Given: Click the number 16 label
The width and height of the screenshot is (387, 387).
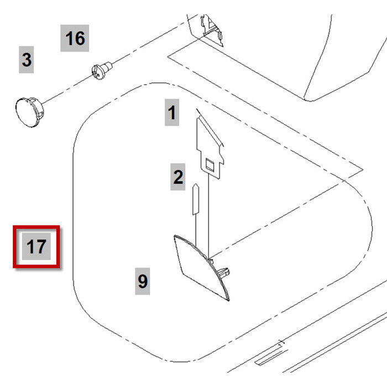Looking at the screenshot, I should coord(75,38).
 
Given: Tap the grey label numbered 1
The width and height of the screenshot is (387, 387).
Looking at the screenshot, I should coord(172,113).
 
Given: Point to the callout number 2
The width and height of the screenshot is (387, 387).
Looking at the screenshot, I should coord(177,177).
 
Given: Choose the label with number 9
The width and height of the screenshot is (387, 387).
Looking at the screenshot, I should coord(143,281).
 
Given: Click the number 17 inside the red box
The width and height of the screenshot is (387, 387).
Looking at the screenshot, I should coord(36,246).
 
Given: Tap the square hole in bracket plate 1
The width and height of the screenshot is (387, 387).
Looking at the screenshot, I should coord(210,163).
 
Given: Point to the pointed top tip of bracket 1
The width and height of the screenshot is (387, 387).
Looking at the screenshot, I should coord(197,112).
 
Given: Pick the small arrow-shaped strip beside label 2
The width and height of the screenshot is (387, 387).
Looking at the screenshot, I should coord(195,199).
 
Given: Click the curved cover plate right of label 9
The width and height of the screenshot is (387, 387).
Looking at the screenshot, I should coord(199,265).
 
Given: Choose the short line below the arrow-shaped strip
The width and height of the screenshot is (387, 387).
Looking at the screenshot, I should coord(196,227).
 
